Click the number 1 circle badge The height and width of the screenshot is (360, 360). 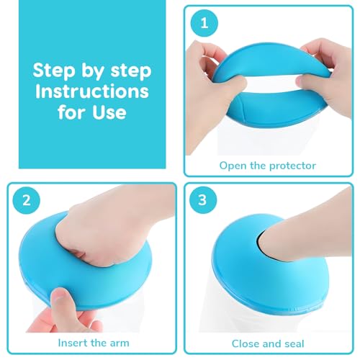click(204, 23)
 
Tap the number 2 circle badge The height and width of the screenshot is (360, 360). click(27, 200)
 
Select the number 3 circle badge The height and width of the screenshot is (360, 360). click(203, 199)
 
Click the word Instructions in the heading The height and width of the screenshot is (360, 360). click(92, 91)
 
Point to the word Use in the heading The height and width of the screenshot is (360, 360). click(109, 112)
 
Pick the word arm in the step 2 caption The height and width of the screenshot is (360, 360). click(120, 343)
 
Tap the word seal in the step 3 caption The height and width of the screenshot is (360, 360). click(294, 343)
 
